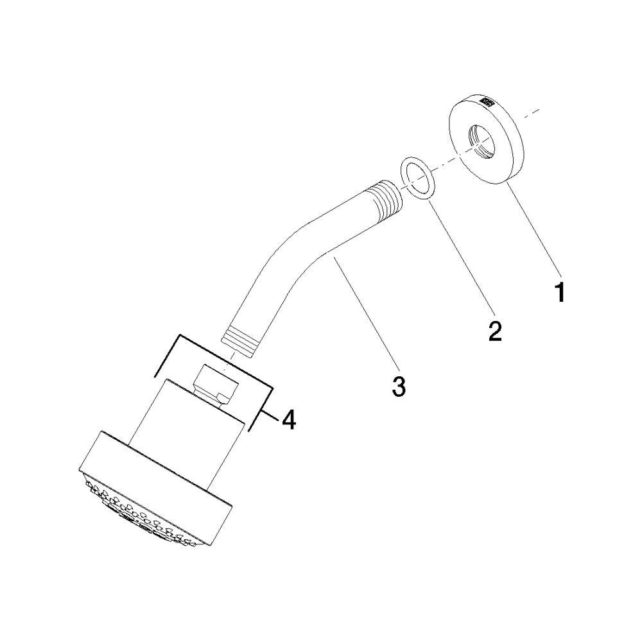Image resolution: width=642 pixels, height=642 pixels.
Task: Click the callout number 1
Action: tap(559, 291)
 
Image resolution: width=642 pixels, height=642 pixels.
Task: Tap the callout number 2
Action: tap(494, 331)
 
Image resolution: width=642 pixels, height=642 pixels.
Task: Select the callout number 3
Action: tap(399, 386)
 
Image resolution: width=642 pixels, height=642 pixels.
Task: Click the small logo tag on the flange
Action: tap(488, 101)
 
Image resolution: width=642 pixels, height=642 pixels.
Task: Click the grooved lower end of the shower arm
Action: tap(242, 338)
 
